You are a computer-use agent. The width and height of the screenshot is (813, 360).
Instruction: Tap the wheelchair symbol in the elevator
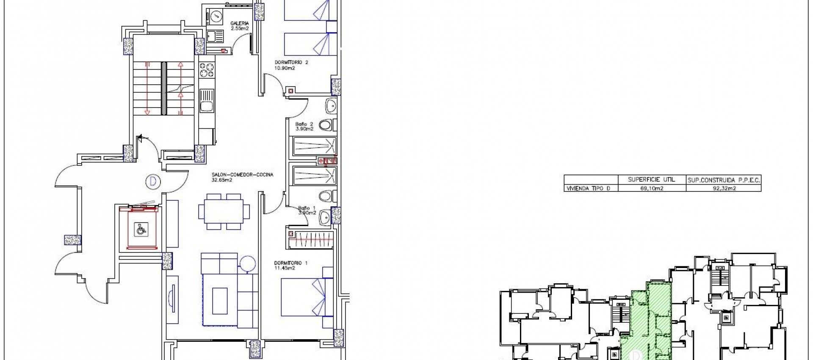click(139, 230)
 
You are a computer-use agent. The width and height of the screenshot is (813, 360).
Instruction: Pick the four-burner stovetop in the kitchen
click(207, 71)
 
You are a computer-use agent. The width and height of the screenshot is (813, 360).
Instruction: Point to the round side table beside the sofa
click(247, 263)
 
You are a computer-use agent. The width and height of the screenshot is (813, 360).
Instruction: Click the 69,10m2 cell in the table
click(652, 188)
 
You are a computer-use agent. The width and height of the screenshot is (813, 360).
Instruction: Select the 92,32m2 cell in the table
click(724, 188)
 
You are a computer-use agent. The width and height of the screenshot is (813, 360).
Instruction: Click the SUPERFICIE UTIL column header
click(651, 180)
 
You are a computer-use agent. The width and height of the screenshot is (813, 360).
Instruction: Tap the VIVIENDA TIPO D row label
click(589, 188)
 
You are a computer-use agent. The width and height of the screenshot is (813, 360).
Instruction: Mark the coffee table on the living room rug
click(220, 300)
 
